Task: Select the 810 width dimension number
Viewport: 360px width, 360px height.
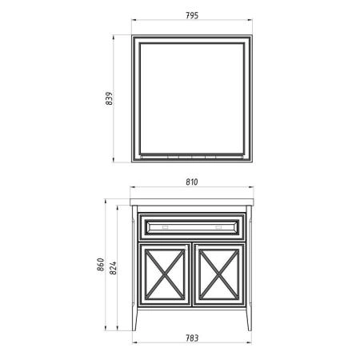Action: click(192, 182)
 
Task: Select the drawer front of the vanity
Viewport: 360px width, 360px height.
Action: click(192, 226)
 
